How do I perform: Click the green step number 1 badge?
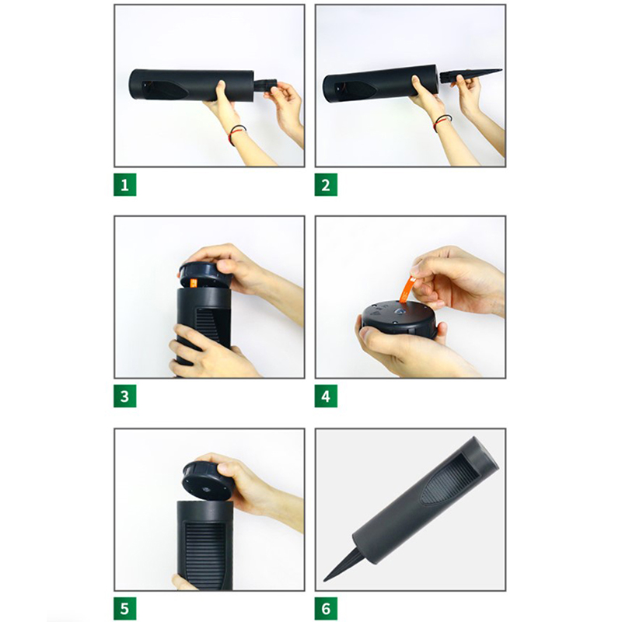125,184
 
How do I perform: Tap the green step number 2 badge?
326,184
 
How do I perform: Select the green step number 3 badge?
125,396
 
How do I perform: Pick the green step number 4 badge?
326,396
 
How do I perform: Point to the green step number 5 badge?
125,609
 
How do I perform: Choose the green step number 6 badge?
326,609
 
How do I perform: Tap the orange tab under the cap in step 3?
194,283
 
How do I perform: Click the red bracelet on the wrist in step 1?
237,134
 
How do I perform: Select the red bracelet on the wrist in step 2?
442,122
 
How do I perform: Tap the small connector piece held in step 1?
264,87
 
